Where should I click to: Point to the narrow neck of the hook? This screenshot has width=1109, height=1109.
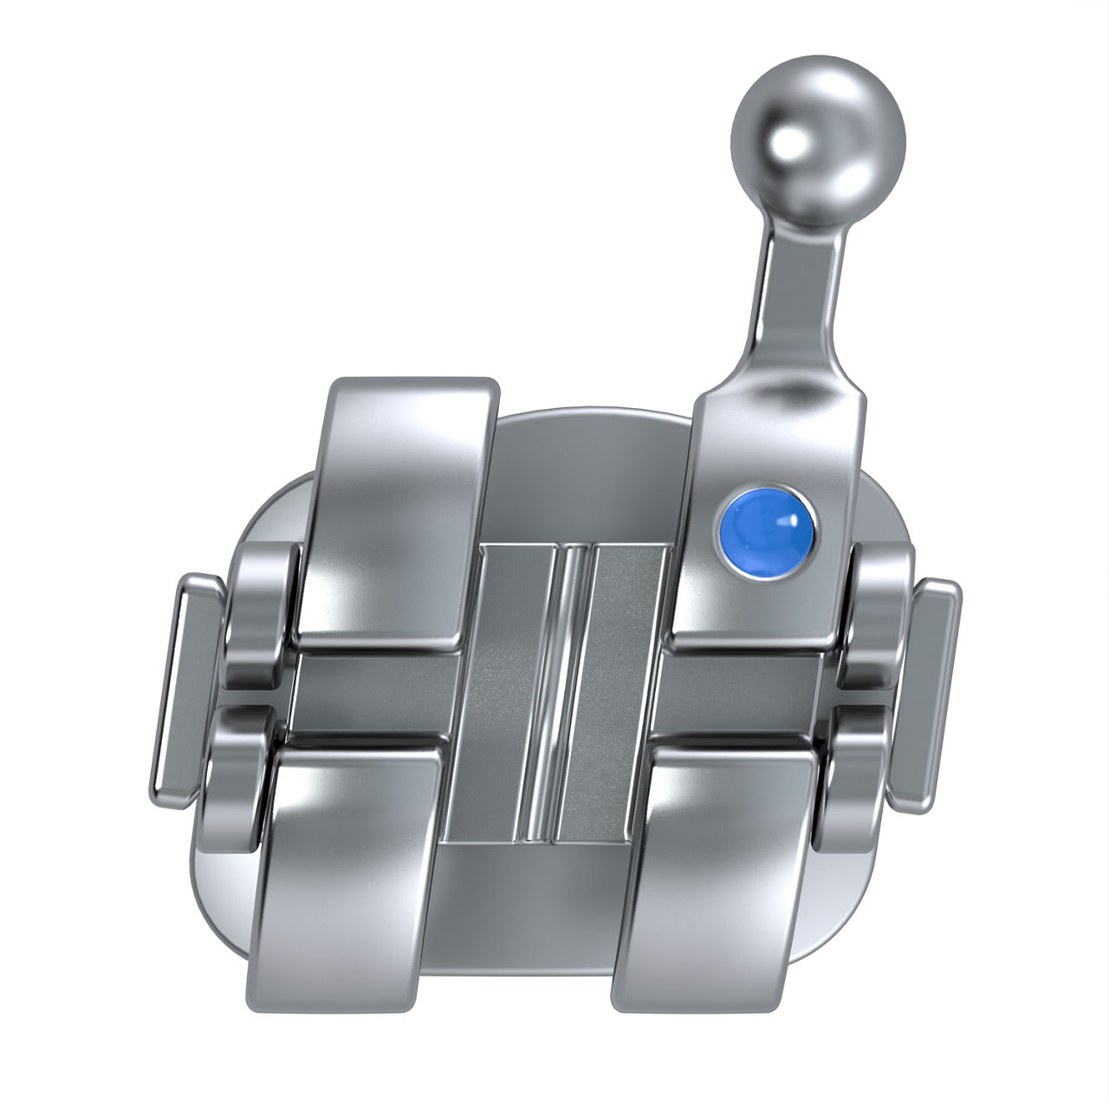794,286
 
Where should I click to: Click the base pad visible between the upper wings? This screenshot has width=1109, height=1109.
589,477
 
